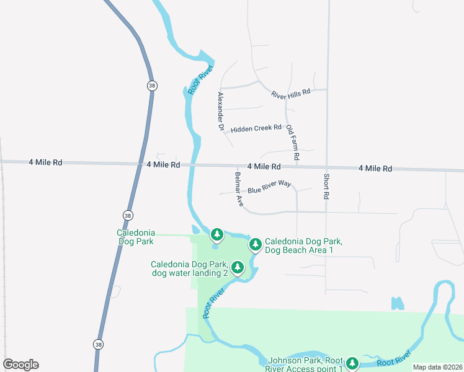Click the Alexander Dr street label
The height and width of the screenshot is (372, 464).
[x=220, y=111]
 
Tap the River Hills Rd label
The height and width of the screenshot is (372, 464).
[x=290, y=94]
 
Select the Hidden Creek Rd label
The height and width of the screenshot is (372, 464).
[x=256, y=129]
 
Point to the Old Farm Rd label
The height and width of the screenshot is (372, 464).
[x=292, y=143]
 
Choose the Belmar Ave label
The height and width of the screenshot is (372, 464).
[x=239, y=188]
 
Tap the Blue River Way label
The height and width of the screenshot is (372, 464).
[x=269, y=187]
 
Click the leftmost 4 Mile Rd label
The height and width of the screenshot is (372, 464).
[x=45, y=162]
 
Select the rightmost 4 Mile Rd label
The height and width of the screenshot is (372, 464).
[x=375, y=169]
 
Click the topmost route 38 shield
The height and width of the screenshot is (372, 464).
[x=151, y=86]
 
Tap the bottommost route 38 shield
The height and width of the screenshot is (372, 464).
[x=99, y=343]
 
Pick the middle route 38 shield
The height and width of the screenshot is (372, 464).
[x=128, y=215]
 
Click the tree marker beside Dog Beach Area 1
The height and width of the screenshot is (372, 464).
[x=255, y=244]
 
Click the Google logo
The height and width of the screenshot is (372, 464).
[x=20, y=365]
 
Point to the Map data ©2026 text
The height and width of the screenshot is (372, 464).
[x=438, y=367]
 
